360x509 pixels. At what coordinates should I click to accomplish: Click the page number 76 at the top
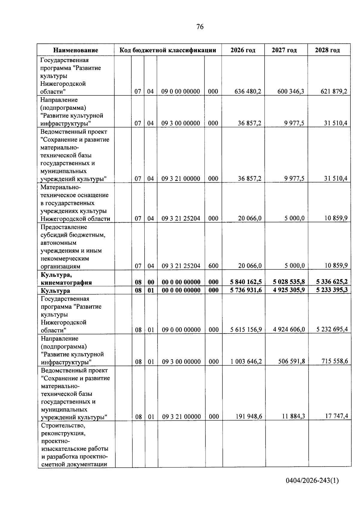point(200,27)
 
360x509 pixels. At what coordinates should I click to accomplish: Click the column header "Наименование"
point(76,50)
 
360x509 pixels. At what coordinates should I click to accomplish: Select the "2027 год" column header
point(284,50)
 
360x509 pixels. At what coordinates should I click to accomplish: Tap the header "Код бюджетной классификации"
point(168,50)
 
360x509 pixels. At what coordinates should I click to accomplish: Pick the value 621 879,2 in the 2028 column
point(334,91)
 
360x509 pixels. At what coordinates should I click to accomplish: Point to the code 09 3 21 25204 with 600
point(181,266)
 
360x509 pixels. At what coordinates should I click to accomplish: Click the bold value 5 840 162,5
point(246,282)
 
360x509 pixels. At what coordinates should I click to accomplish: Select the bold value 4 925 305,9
point(289,290)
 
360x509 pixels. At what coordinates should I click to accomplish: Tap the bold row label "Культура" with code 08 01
point(55,291)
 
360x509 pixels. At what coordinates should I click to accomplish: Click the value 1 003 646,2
point(246,361)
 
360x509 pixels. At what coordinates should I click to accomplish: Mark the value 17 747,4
point(337,416)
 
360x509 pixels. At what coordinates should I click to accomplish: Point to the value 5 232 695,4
point(332,329)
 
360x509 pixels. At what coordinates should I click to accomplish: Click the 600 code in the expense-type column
point(213,266)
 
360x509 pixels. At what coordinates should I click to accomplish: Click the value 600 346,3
point(290,91)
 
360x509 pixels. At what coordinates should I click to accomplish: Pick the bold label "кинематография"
point(66,283)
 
